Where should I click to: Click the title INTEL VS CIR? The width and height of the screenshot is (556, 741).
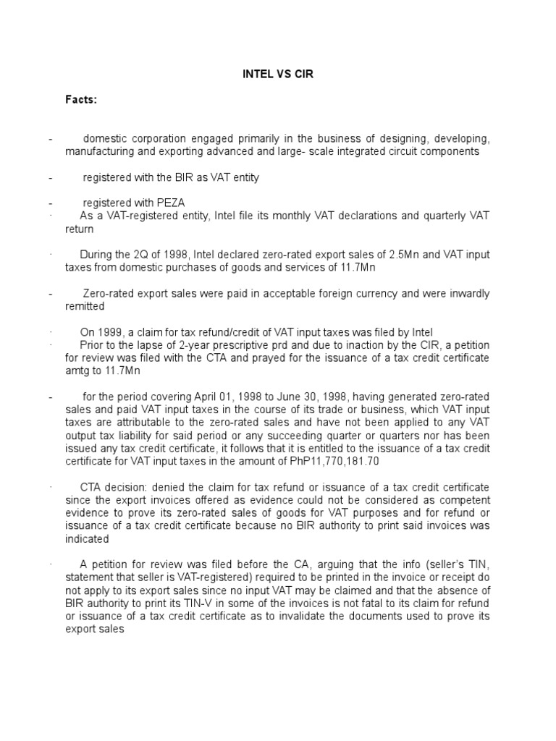(x=277, y=75)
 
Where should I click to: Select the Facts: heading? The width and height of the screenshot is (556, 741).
(x=81, y=99)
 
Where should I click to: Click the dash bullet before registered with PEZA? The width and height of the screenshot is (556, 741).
(x=51, y=203)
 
